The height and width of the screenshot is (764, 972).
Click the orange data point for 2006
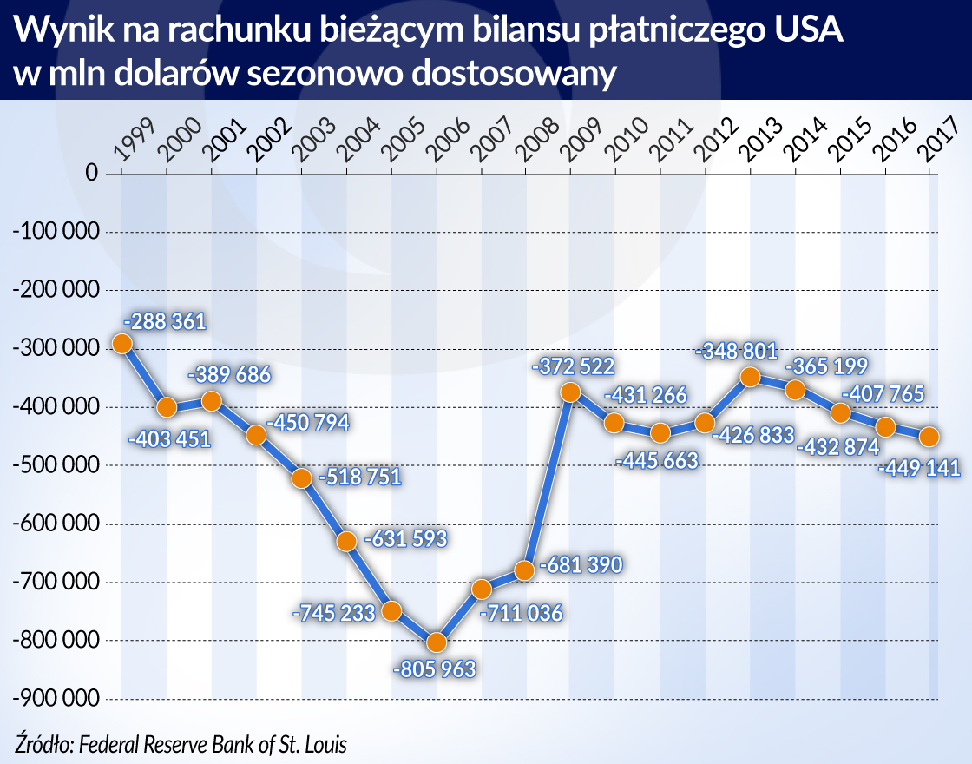coord(437,642)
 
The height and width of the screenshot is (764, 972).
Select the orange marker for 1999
coord(122,344)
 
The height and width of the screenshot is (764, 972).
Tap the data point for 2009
coord(570,392)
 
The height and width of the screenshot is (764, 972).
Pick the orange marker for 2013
coord(750,377)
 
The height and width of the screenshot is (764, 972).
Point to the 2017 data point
coord(929,436)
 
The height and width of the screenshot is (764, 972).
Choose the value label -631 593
coord(405,539)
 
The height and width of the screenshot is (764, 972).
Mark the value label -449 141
coord(920,469)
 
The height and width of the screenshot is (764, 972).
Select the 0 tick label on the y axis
coord(89,174)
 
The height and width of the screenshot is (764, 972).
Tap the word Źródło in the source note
coord(44,744)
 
